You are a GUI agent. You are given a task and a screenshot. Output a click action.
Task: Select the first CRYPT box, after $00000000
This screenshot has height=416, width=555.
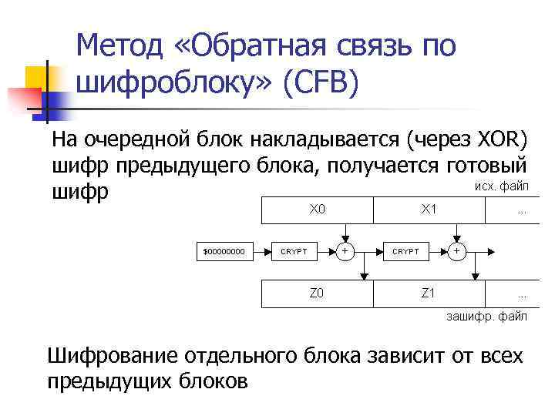(x=294, y=251)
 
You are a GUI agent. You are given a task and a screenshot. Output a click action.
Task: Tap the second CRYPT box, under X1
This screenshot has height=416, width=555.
(x=406, y=251)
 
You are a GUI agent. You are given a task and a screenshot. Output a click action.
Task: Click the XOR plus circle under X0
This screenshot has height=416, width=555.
(x=345, y=251)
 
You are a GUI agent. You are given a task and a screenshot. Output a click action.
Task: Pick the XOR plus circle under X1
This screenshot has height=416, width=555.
(x=457, y=251)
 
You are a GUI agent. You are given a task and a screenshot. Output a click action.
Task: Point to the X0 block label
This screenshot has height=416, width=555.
(x=318, y=209)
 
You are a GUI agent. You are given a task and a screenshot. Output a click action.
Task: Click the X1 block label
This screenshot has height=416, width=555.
(x=429, y=209)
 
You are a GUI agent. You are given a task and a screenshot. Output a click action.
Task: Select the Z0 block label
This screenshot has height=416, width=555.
(x=317, y=293)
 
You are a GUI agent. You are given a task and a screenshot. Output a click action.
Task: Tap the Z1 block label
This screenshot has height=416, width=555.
(x=429, y=293)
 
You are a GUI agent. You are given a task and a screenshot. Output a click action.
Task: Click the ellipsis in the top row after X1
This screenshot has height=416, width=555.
(x=522, y=211)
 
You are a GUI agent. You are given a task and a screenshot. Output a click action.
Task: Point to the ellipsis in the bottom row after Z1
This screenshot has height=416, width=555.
(x=522, y=296)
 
